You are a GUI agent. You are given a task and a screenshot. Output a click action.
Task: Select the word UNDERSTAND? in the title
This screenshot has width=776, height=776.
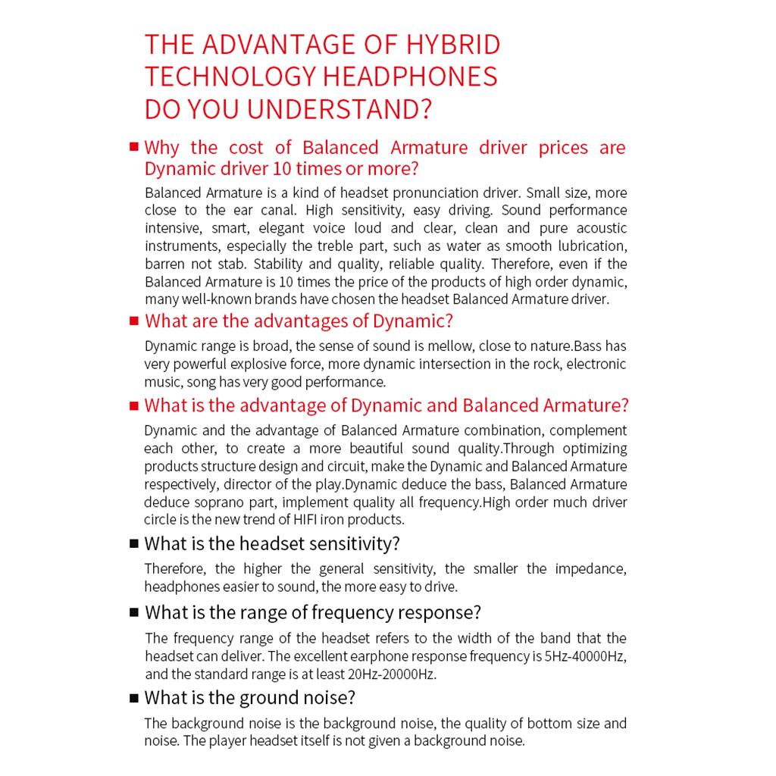[x=339, y=108]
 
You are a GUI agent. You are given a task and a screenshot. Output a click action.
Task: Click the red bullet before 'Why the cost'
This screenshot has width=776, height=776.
[x=134, y=146]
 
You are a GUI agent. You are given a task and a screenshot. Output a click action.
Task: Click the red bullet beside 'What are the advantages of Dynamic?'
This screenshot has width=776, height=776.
[x=134, y=321]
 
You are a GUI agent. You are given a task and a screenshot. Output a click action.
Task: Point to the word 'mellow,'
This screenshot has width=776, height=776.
[x=440, y=346]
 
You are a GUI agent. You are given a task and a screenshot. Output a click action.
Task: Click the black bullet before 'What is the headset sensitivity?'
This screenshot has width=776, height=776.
[x=134, y=543]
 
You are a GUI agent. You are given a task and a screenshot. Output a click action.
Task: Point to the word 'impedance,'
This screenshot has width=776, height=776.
[x=591, y=569]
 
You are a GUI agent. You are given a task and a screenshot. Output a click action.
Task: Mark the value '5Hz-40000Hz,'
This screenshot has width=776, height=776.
[x=586, y=656]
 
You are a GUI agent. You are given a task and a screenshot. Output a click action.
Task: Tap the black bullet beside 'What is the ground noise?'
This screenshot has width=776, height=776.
[x=134, y=698]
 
